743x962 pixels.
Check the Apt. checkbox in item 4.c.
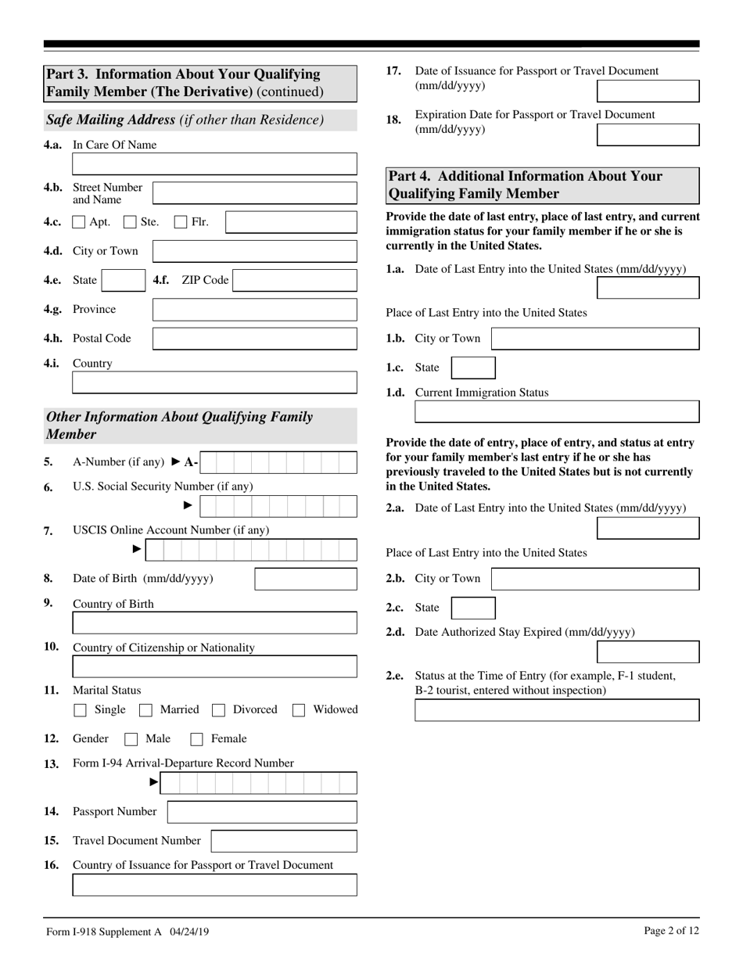(x=79, y=222)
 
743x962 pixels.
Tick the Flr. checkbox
(x=181, y=222)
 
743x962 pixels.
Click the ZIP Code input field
(x=295, y=281)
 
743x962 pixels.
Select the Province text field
(x=254, y=310)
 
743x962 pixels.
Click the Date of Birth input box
(x=306, y=580)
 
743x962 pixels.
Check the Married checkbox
(x=145, y=710)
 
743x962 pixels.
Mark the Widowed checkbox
(x=299, y=710)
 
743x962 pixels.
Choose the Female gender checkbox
(x=197, y=739)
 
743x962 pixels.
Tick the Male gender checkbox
(x=131, y=739)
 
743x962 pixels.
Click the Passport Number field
(x=262, y=812)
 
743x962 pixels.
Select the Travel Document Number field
(x=284, y=841)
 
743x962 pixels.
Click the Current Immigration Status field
(x=556, y=411)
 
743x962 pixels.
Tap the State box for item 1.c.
(x=473, y=368)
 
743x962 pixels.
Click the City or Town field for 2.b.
(x=594, y=579)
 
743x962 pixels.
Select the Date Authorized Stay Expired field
(x=648, y=652)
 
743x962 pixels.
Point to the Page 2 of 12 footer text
(x=671, y=931)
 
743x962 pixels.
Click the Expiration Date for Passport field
(x=648, y=135)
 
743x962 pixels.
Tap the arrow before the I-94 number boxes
(x=153, y=782)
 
